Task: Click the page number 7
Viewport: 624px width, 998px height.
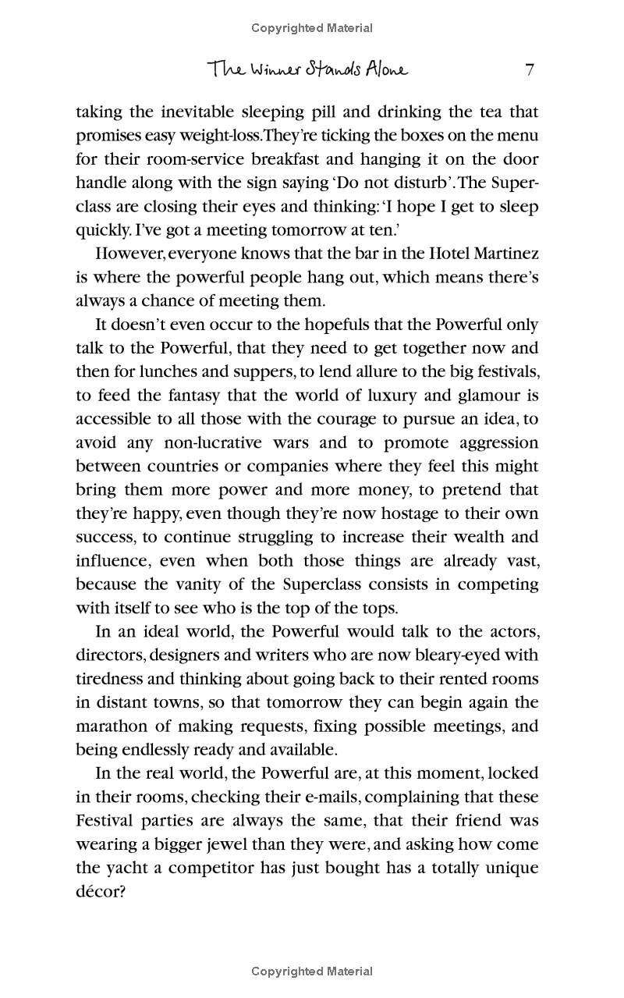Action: (530, 70)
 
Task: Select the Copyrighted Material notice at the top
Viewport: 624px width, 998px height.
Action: (312, 28)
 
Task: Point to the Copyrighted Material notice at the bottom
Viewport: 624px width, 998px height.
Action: (312, 971)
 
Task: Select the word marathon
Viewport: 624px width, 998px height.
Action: (112, 726)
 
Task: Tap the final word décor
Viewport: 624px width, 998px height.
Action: (101, 892)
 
